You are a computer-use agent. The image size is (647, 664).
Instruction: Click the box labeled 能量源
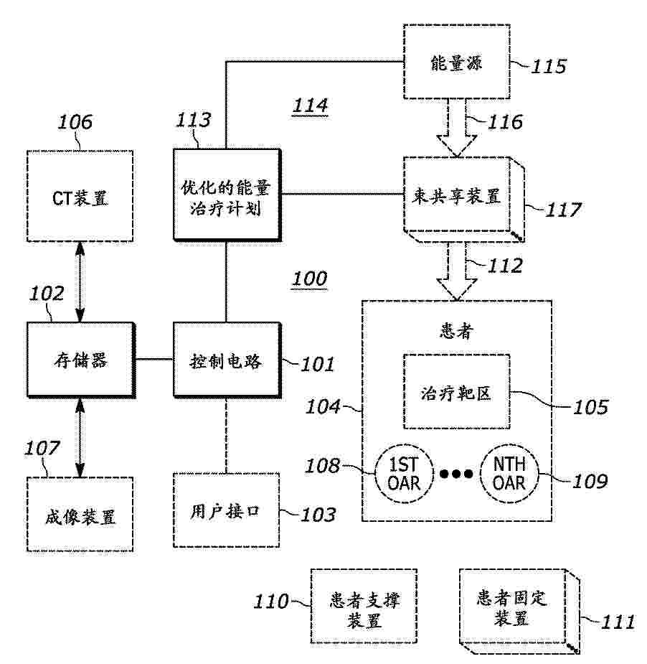point(457,62)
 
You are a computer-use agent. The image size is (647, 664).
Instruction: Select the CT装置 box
point(80,196)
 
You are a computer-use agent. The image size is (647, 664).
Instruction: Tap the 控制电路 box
point(227,360)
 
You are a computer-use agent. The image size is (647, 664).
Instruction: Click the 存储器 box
point(81,360)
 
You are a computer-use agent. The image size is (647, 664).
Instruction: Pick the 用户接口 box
point(226,510)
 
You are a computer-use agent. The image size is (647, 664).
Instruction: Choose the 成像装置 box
point(80,515)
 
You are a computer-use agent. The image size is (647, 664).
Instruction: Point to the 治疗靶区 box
point(457,392)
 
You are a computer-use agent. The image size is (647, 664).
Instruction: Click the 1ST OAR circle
point(404,474)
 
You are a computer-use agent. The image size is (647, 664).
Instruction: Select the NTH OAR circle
point(509,474)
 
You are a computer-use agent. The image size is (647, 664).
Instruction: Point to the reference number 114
point(310,106)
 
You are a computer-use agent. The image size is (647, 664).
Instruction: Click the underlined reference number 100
point(310,279)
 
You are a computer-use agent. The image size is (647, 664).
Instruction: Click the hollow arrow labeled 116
point(457,128)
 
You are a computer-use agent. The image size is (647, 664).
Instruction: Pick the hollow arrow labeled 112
point(457,271)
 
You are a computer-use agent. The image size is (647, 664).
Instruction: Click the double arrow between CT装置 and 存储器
point(80,282)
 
